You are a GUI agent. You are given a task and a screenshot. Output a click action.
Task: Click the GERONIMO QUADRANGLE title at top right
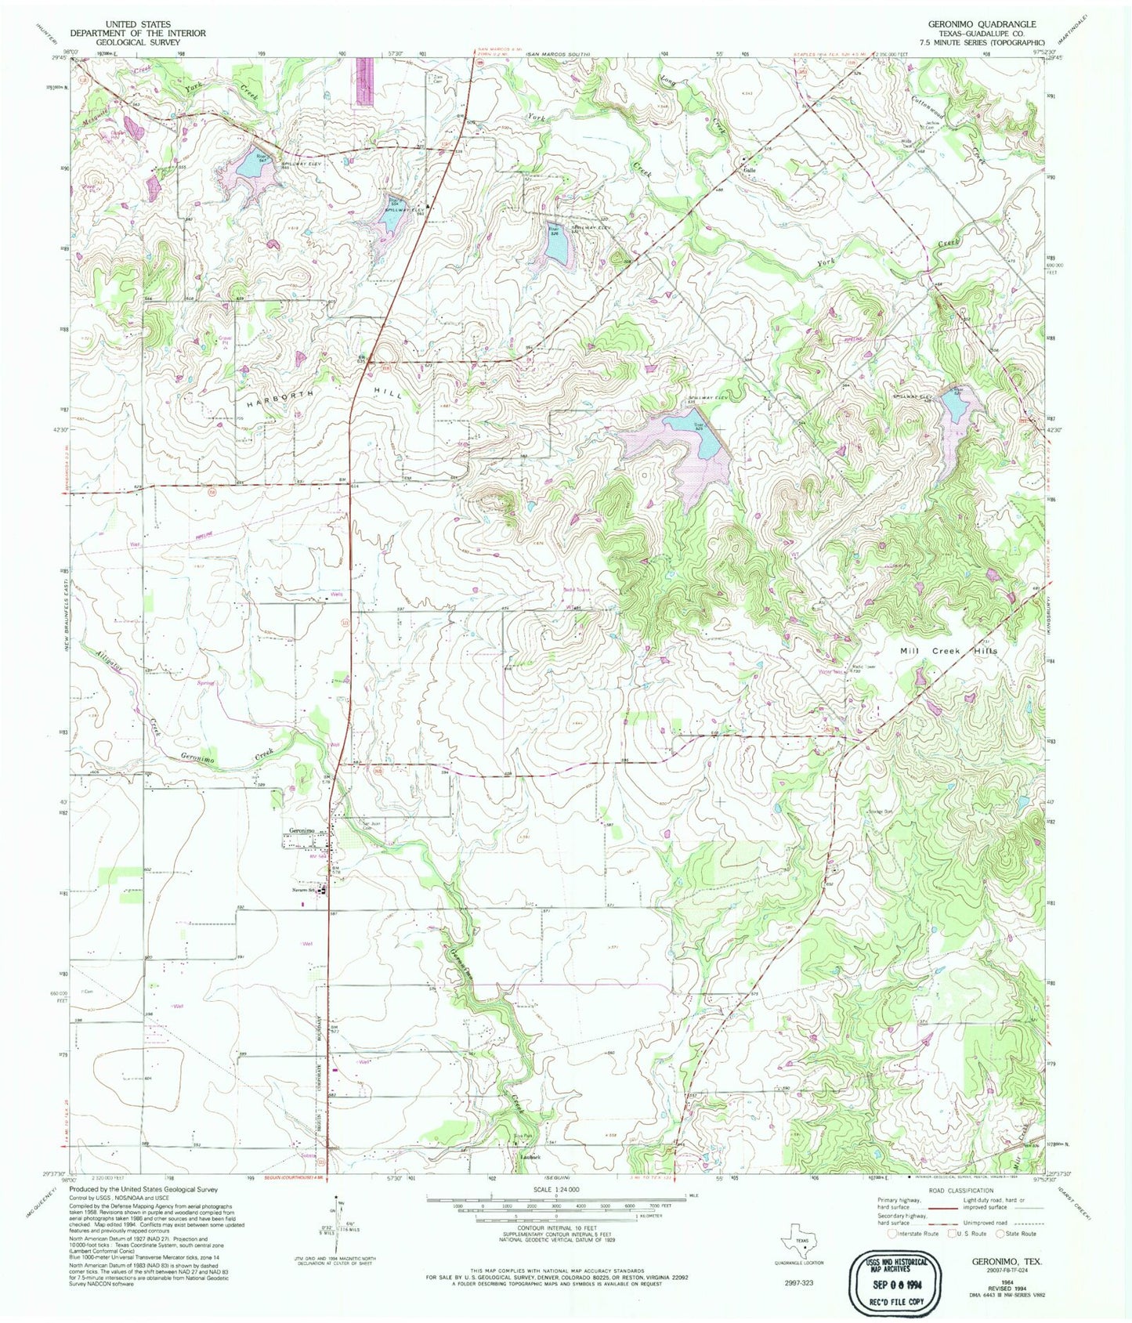coord(982,24)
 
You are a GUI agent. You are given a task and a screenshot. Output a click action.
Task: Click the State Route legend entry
coord(1017,1233)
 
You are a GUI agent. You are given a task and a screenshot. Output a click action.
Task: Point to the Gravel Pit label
coord(207,340)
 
